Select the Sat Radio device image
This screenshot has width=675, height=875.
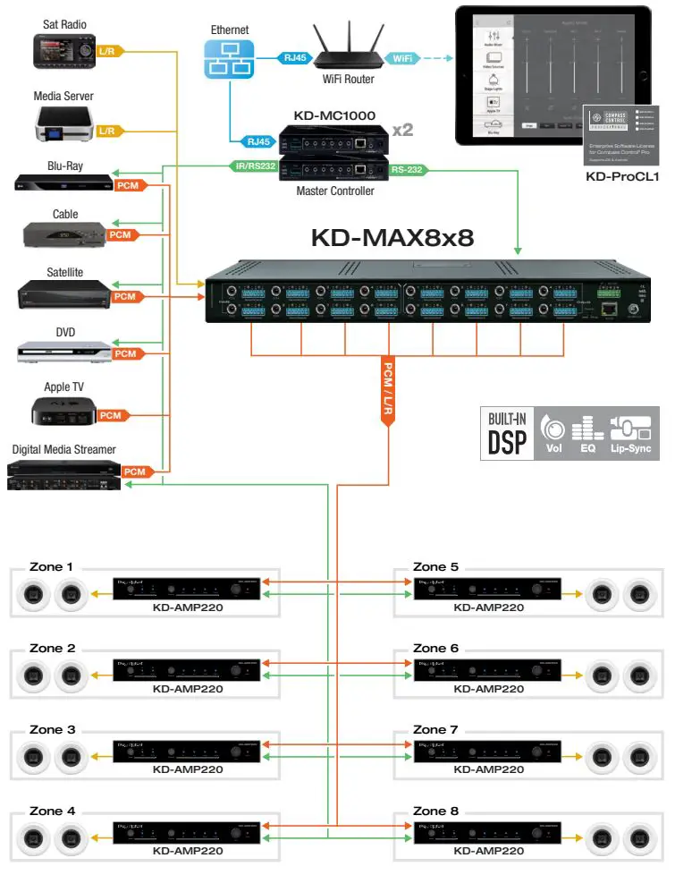tap(63, 51)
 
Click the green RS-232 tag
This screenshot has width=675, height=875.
tap(407, 168)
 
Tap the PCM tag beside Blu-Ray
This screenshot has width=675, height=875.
tap(128, 185)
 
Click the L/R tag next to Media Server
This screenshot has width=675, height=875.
tap(107, 131)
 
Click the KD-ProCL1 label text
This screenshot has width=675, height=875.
tap(621, 177)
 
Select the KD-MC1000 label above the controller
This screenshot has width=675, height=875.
tap(334, 116)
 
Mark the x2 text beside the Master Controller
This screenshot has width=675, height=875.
tap(402, 130)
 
